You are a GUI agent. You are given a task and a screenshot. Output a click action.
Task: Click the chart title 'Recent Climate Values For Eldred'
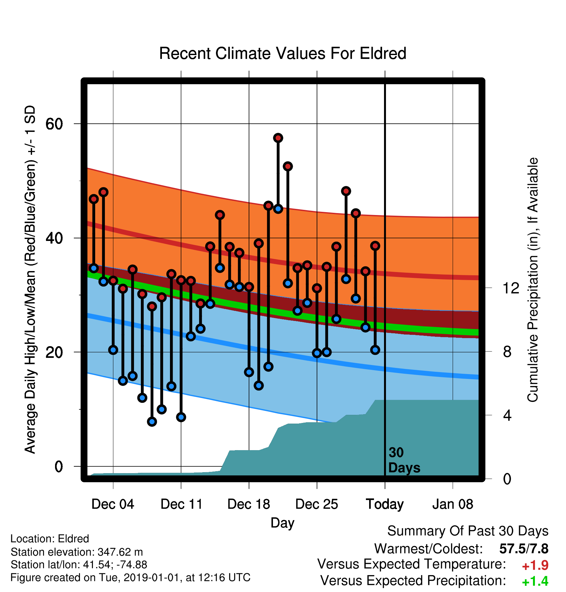[x=283, y=53]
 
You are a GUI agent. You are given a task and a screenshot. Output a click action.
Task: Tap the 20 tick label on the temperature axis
[x=54, y=352]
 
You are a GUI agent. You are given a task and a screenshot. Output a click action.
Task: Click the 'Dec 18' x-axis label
[x=249, y=504]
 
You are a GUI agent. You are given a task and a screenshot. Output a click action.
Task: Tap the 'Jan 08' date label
[x=453, y=504]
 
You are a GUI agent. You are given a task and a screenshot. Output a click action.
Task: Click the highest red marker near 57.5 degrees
[x=278, y=138]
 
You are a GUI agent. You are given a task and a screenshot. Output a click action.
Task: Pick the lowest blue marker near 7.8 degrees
[x=152, y=422]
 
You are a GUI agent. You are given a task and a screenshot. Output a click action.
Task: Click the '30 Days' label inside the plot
[x=404, y=460]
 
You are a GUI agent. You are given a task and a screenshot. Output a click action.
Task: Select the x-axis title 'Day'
[x=283, y=523]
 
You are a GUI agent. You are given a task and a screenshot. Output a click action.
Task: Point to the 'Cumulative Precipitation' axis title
[x=533, y=280]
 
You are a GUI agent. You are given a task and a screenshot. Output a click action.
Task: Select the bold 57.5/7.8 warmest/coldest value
[x=524, y=549]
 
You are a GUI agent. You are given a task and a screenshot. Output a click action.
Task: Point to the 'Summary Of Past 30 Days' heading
[x=468, y=531]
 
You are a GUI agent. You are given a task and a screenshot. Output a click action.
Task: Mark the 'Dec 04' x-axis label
[x=113, y=504]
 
